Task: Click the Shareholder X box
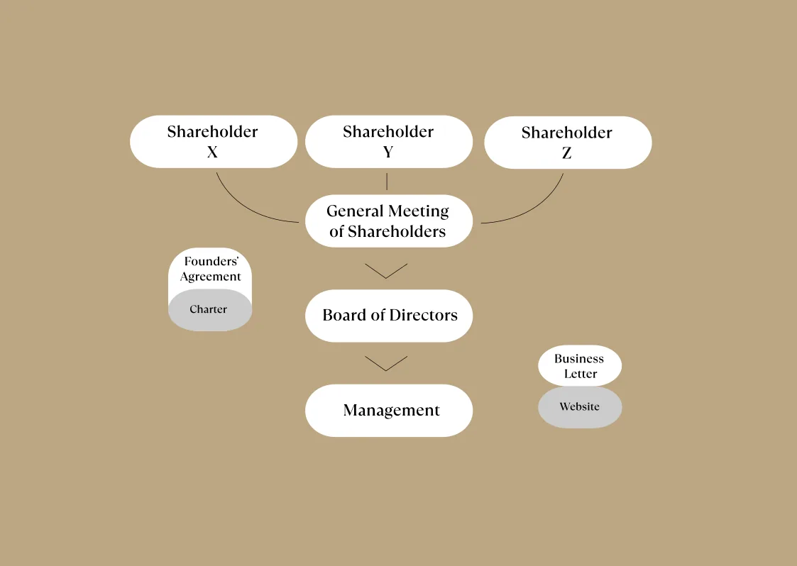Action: (214, 142)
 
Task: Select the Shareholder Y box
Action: (389, 142)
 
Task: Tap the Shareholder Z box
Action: (568, 143)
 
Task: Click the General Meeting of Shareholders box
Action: (389, 221)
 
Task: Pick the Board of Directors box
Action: (389, 316)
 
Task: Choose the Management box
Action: (389, 411)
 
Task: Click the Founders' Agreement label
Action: (211, 269)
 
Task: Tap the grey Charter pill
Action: (210, 310)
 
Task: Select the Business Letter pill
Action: (580, 366)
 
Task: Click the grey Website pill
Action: (580, 407)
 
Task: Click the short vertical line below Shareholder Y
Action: (387, 182)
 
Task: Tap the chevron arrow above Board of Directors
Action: (386, 271)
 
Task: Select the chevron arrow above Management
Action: (386, 363)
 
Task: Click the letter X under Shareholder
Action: (212, 152)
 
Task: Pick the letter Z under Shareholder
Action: (567, 153)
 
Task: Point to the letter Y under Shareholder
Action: (388, 152)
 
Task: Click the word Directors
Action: (424, 315)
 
